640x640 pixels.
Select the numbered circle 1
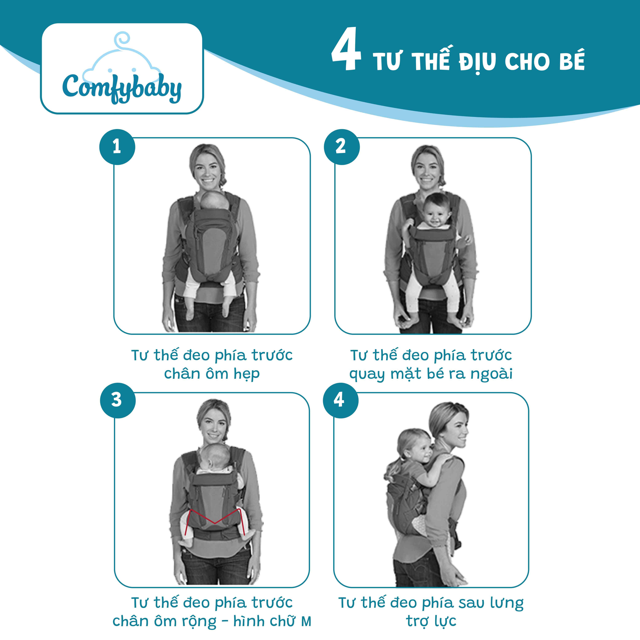click(x=117, y=147)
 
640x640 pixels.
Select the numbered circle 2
click(x=341, y=147)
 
